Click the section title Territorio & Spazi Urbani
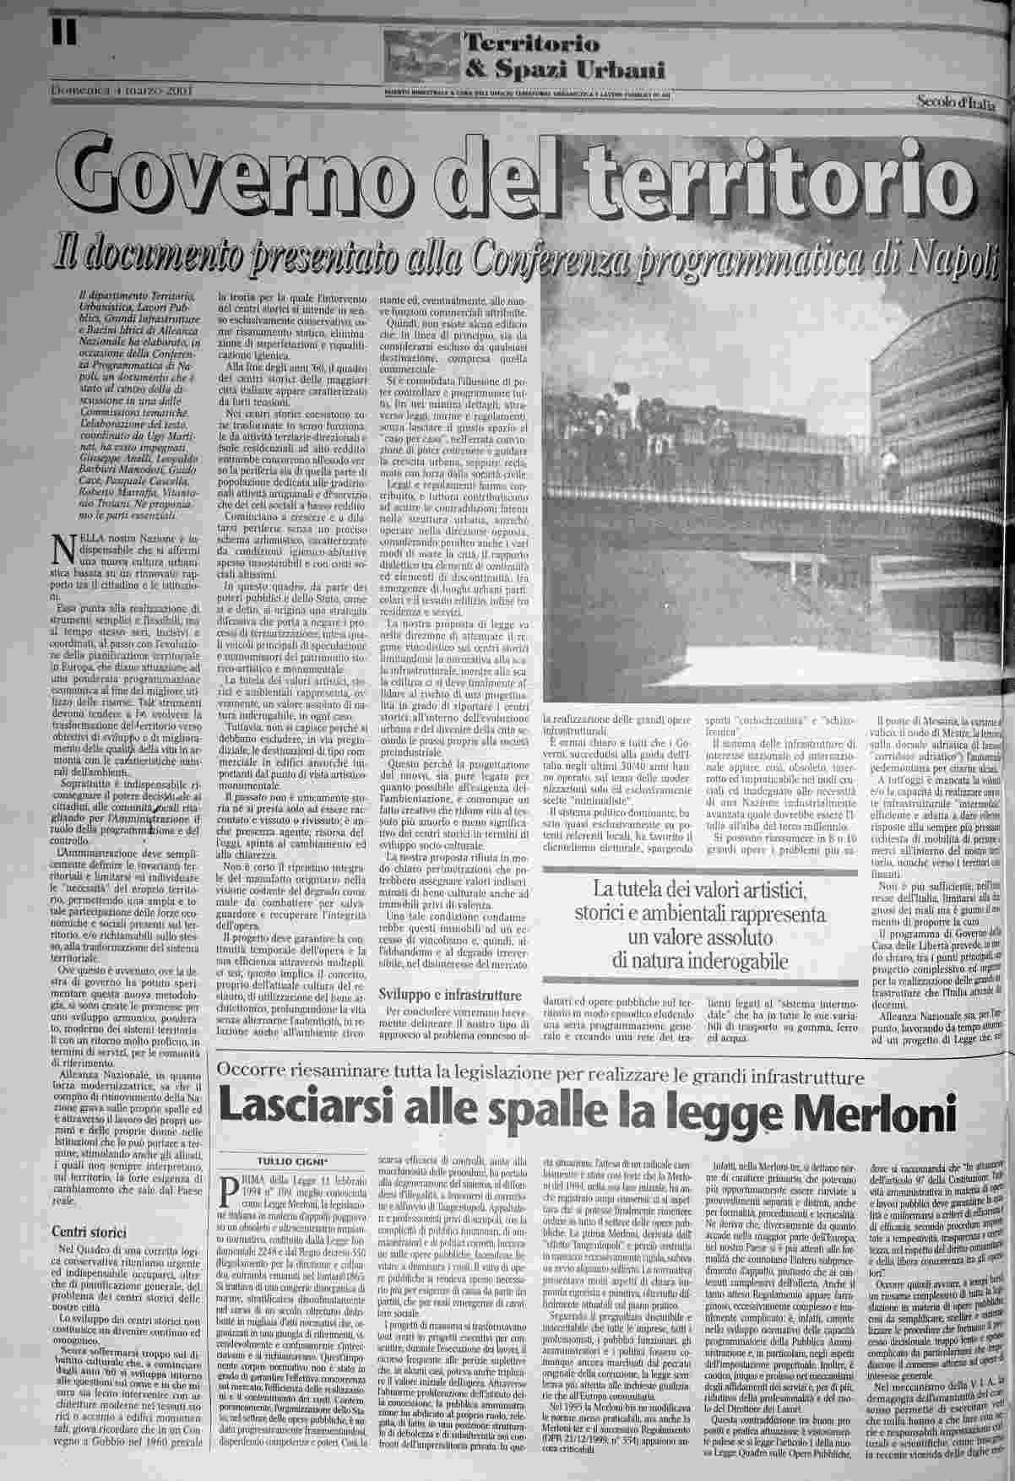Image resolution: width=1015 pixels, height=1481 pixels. pos(565,57)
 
